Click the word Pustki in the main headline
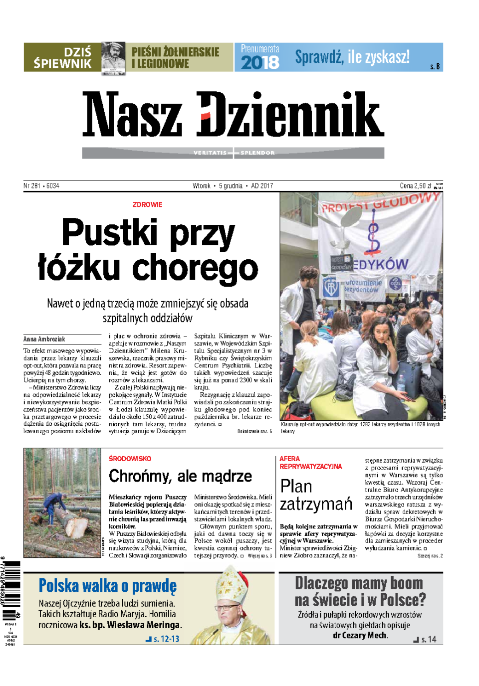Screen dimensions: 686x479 [x=109, y=233]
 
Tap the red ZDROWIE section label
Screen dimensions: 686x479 [x=147, y=204]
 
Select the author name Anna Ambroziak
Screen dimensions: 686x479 [x=44, y=339]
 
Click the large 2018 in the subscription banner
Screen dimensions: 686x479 [x=260, y=62]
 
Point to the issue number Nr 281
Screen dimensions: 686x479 [x=32, y=186]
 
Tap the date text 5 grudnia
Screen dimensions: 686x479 [x=231, y=186]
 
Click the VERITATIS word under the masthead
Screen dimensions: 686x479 [x=210, y=153]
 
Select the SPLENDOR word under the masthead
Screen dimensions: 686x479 [x=257, y=153]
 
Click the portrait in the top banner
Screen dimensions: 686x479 [x=114, y=57]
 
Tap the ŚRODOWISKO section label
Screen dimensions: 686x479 [x=130, y=459]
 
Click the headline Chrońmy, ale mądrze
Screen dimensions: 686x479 [x=180, y=476]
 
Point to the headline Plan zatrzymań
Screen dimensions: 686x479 [x=315, y=495]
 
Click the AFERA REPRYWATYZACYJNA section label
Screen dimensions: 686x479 [x=310, y=463]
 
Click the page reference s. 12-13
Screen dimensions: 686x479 [x=166, y=639]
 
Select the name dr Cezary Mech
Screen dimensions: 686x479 [x=360, y=635]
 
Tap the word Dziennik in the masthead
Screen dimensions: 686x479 [x=290, y=115]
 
